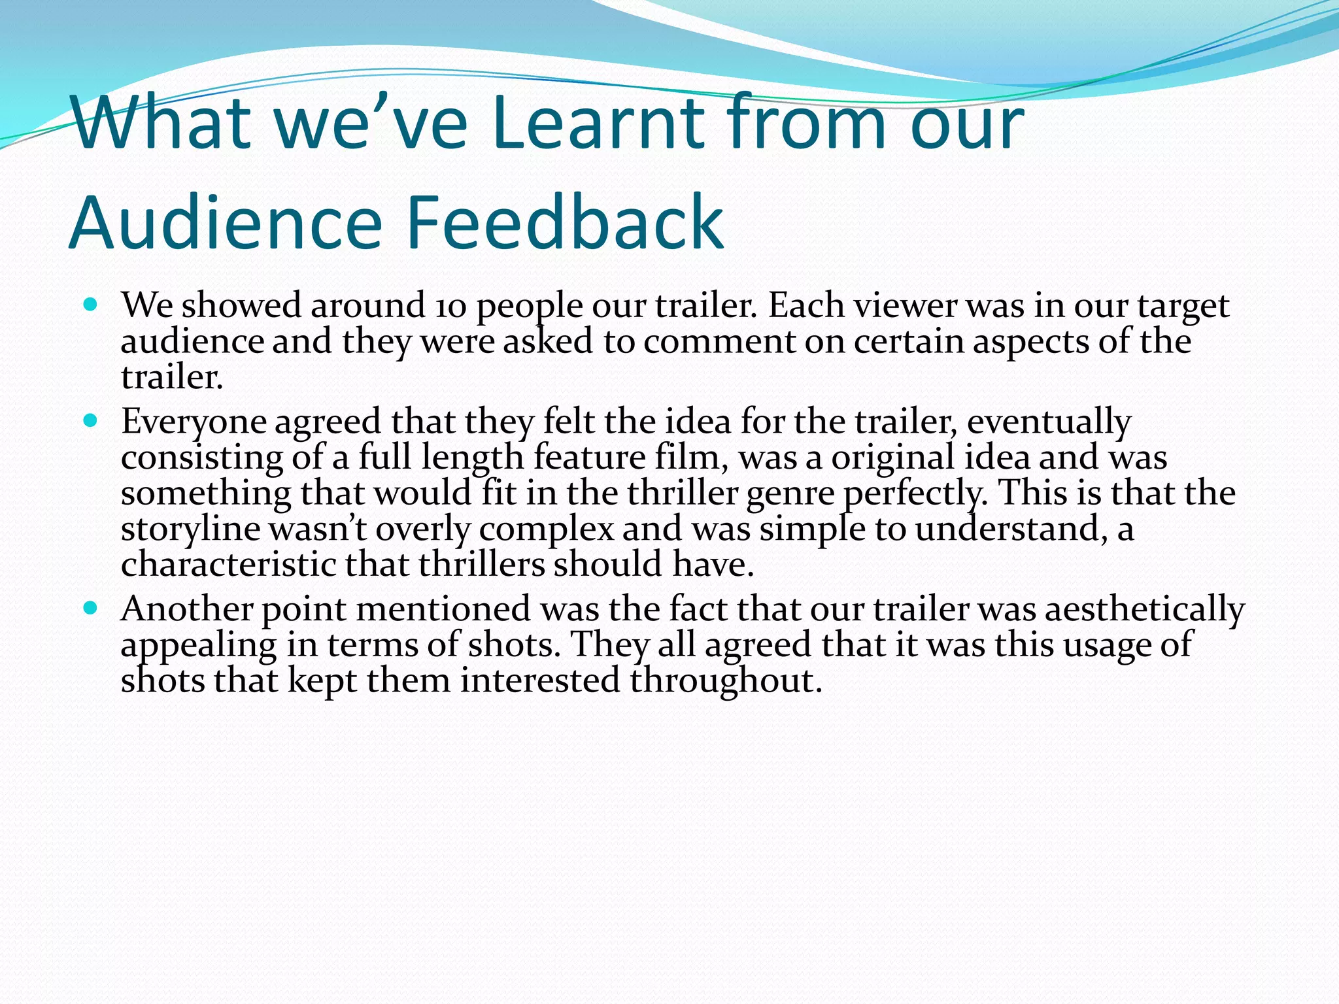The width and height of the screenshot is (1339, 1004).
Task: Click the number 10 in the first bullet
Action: pos(450,306)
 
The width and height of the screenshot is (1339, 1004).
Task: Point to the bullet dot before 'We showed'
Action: pos(91,305)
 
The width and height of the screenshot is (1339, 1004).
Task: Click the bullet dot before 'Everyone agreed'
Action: pos(91,420)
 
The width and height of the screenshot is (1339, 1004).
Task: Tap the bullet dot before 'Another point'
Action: pos(91,608)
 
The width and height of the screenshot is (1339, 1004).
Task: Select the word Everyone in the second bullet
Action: pos(194,422)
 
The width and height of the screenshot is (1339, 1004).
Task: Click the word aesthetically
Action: pos(1144,609)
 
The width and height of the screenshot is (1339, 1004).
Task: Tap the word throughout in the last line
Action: pos(725,680)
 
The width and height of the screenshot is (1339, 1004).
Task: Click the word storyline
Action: pos(190,529)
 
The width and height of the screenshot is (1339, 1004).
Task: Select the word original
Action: pos(893,458)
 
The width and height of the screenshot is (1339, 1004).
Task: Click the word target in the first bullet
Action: pos(1183,306)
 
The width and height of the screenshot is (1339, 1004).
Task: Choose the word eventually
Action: pos(1049,422)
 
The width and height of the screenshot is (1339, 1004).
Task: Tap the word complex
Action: pos(547,529)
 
